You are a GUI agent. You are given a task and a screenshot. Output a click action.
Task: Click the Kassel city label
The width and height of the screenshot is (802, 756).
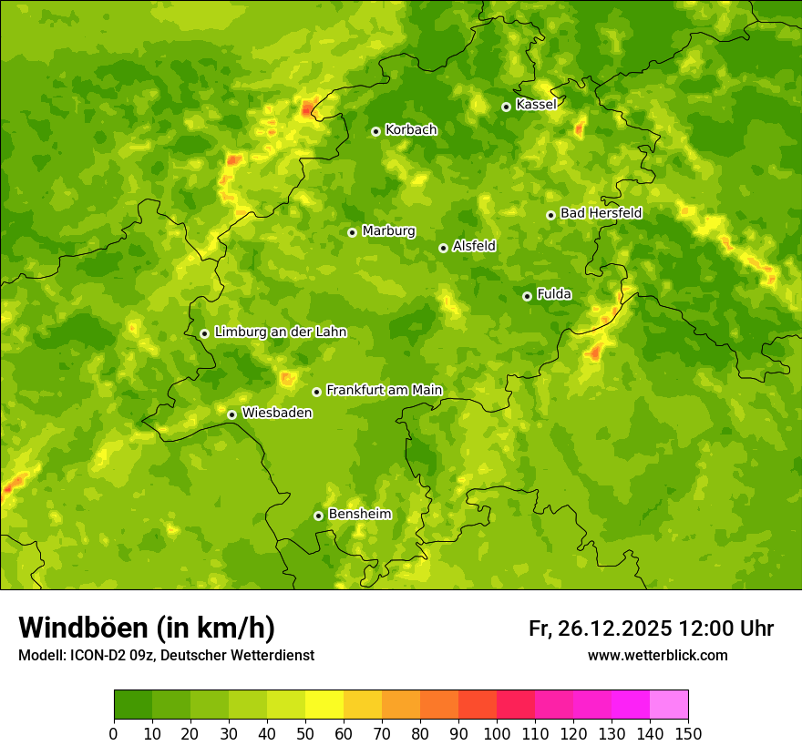tap(536, 105)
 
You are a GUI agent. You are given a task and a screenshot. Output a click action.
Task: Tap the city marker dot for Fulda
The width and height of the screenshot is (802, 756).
tap(527, 296)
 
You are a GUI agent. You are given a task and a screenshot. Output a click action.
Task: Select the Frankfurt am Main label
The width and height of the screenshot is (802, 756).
tap(384, 390)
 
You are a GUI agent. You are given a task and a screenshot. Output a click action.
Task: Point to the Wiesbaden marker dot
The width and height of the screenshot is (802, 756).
tap(231, 414)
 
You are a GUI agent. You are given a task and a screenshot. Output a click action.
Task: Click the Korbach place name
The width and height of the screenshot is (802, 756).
tap(411, 129)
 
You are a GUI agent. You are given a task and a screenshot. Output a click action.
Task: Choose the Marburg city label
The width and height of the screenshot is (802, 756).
tap(388, 230)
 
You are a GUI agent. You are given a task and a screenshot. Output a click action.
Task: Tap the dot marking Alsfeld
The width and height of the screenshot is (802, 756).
tap(443, 248)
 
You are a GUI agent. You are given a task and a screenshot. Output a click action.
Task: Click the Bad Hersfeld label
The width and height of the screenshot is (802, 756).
tap(601, 213)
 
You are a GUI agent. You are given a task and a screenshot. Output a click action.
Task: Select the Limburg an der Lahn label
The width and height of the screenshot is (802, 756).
tap(280, 332)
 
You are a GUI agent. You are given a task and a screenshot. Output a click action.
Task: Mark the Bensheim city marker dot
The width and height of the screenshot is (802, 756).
tap(318, 516)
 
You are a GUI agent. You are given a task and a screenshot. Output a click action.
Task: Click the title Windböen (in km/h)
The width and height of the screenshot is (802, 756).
tap(147, 628)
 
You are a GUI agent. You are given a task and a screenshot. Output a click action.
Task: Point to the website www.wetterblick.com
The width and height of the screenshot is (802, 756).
tap(657, 655)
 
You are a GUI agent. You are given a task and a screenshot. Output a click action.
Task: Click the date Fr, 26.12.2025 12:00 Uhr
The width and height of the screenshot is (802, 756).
tap(651, 628)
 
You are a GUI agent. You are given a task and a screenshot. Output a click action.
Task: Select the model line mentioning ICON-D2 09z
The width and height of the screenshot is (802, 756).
tap(166, 655)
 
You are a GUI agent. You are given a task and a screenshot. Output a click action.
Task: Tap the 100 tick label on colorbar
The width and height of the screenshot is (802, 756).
tap(496, 733)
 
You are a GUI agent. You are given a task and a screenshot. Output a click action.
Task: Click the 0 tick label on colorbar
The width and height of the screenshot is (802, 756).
tap(114, 733)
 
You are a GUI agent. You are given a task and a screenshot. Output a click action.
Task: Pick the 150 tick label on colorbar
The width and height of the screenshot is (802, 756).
tap(687, 733)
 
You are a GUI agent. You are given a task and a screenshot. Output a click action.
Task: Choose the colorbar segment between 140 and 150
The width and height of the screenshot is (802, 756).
tap(669, 705)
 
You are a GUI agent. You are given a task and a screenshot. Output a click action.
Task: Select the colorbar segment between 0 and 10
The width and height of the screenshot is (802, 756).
tap(133, 705)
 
